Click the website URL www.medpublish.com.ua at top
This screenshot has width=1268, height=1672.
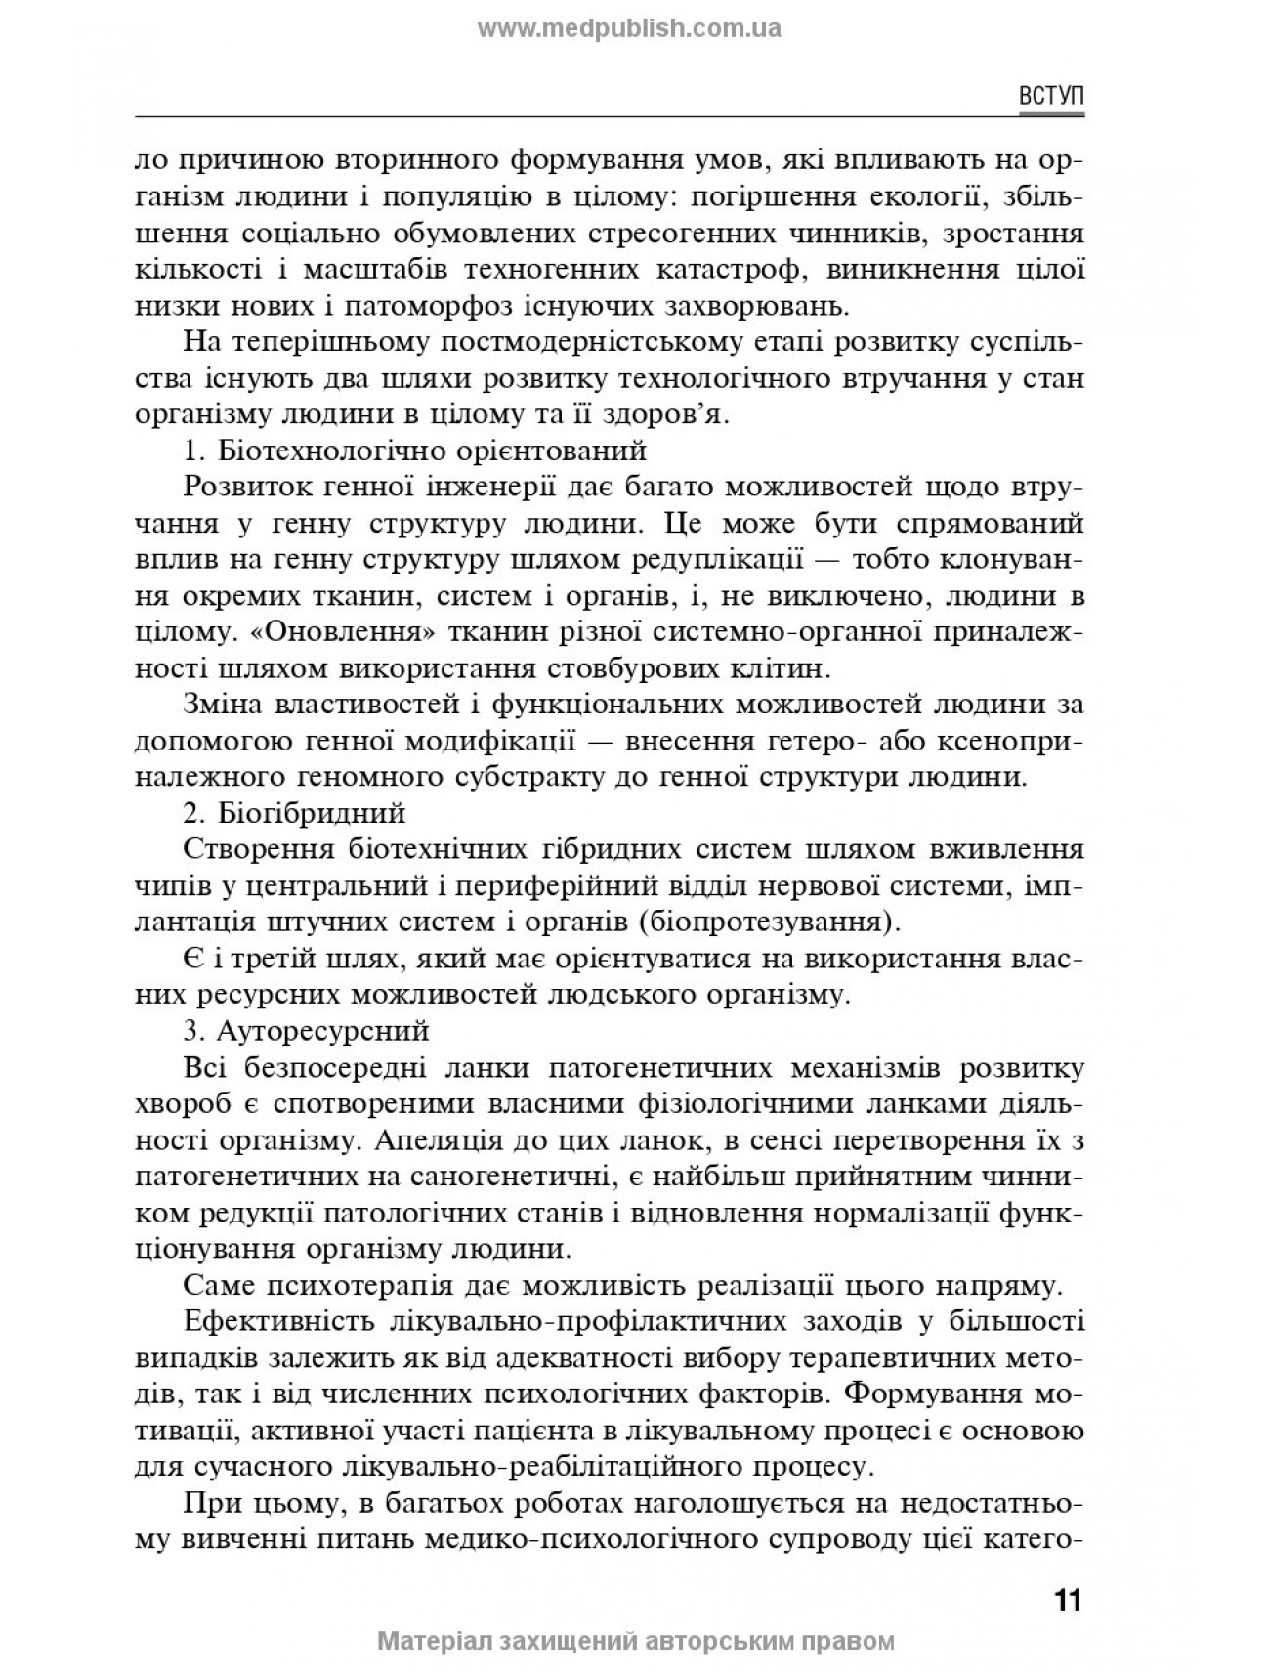click(x=629, y=28)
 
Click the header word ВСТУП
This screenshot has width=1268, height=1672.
click(x=1051, y=97)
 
